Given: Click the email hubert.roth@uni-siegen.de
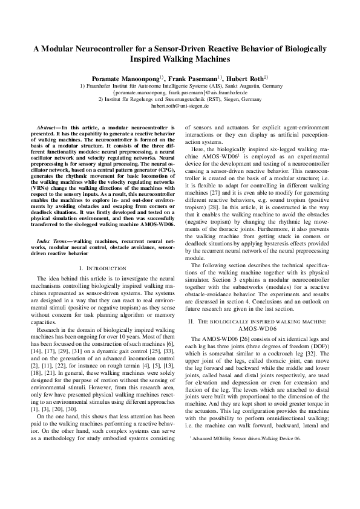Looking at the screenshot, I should click(x=180, y=105).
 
